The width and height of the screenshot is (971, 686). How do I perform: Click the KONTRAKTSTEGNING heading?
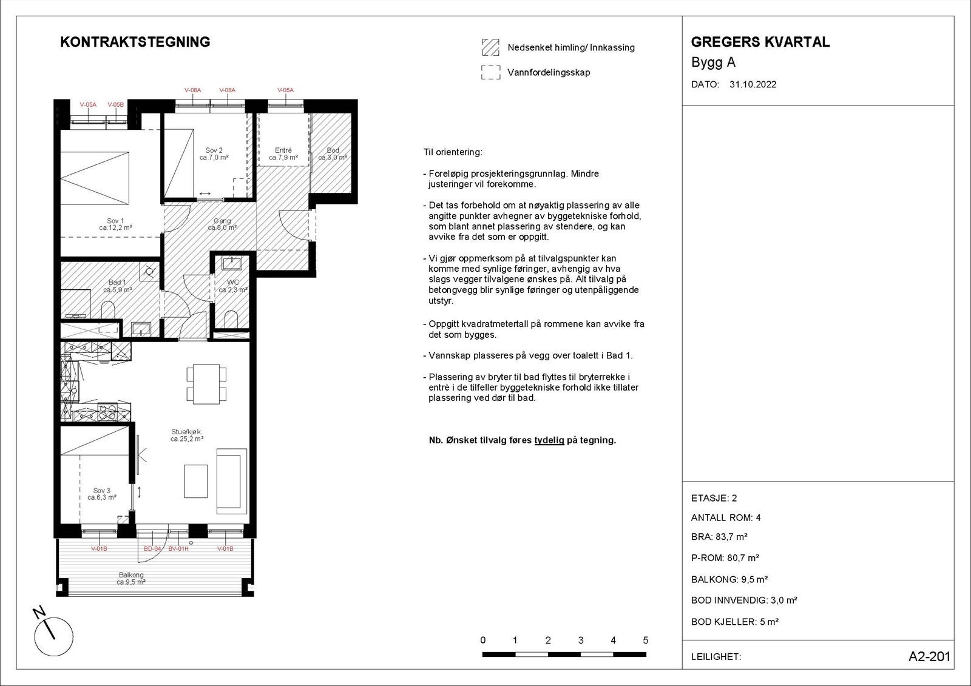click(135, 42)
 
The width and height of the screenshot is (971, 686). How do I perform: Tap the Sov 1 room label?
click(115, 224)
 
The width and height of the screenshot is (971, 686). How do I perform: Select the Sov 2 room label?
click(214, 154)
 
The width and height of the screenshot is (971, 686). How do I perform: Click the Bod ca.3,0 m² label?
click(333, 154)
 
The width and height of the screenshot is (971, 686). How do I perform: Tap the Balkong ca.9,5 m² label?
click(131, 578)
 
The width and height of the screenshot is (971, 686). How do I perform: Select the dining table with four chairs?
click(206, 383)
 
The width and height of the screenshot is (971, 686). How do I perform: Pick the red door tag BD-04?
click(152, 549)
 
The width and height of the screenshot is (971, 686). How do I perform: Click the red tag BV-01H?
click(178, 549)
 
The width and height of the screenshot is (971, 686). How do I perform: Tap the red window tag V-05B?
click(115, 105)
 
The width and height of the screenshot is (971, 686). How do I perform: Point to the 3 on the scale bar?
click(581, 641)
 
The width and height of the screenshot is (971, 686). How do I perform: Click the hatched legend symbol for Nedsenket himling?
click(490, 47)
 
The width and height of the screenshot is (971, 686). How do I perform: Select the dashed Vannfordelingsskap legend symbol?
click(490, 73)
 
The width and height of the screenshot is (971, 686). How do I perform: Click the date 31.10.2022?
click(753, 85)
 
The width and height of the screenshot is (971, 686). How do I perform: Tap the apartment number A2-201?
click(929, 657)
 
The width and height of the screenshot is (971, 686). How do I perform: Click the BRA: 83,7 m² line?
click(719, 537)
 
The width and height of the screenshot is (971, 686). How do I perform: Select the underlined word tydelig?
click(549, 440)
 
